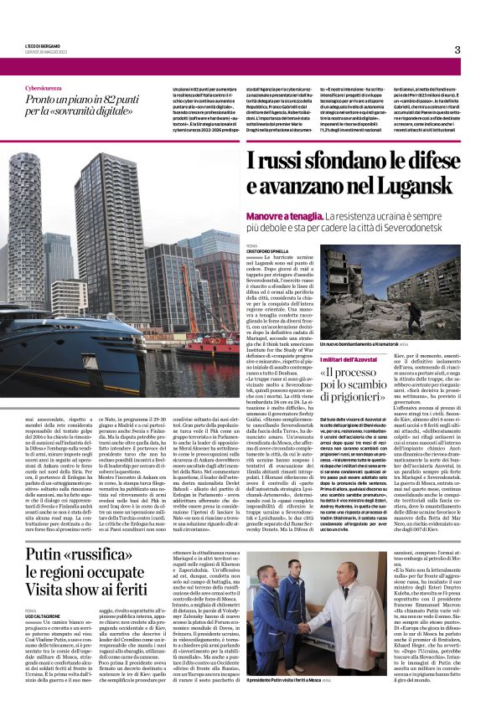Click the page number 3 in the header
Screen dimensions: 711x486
point(457,49)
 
